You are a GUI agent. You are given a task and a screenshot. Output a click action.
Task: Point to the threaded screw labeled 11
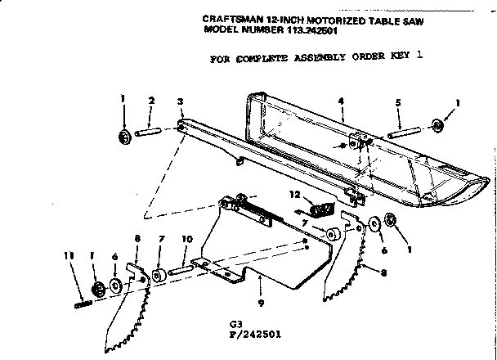coord(82,304)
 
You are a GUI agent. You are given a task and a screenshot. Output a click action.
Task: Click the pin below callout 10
coord(182,266)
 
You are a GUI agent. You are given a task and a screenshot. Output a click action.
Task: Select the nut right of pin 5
coord(437,124)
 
